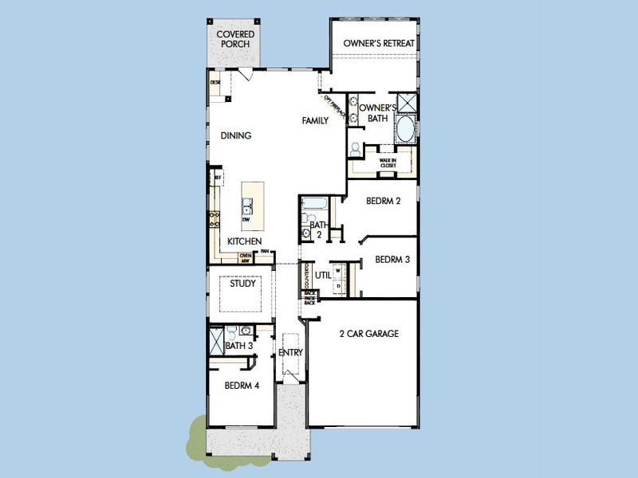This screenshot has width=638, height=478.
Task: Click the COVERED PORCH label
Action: coord(236,39)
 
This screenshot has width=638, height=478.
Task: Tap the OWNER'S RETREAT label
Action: coord(375,42)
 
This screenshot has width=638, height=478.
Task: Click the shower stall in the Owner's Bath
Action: coord(405,104)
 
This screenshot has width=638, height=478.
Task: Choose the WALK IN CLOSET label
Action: coord(388,163)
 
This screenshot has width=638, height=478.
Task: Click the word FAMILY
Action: coord(315,121)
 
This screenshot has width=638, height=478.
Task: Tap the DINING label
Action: coord(236,135)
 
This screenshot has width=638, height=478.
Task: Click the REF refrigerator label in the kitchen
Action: coord(216,178)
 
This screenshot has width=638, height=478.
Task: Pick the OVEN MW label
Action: coord(246,257)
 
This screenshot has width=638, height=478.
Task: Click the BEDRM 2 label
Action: coord(383,201)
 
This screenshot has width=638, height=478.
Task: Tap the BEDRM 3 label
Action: coord(392,259)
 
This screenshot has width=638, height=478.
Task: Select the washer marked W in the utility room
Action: coord(337,271)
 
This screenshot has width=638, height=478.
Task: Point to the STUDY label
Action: coord(242,283)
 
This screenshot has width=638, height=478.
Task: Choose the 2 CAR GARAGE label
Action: coord(367,334)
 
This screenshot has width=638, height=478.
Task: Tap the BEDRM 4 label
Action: coord(242,386)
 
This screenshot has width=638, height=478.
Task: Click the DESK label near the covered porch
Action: coord(215,82)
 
